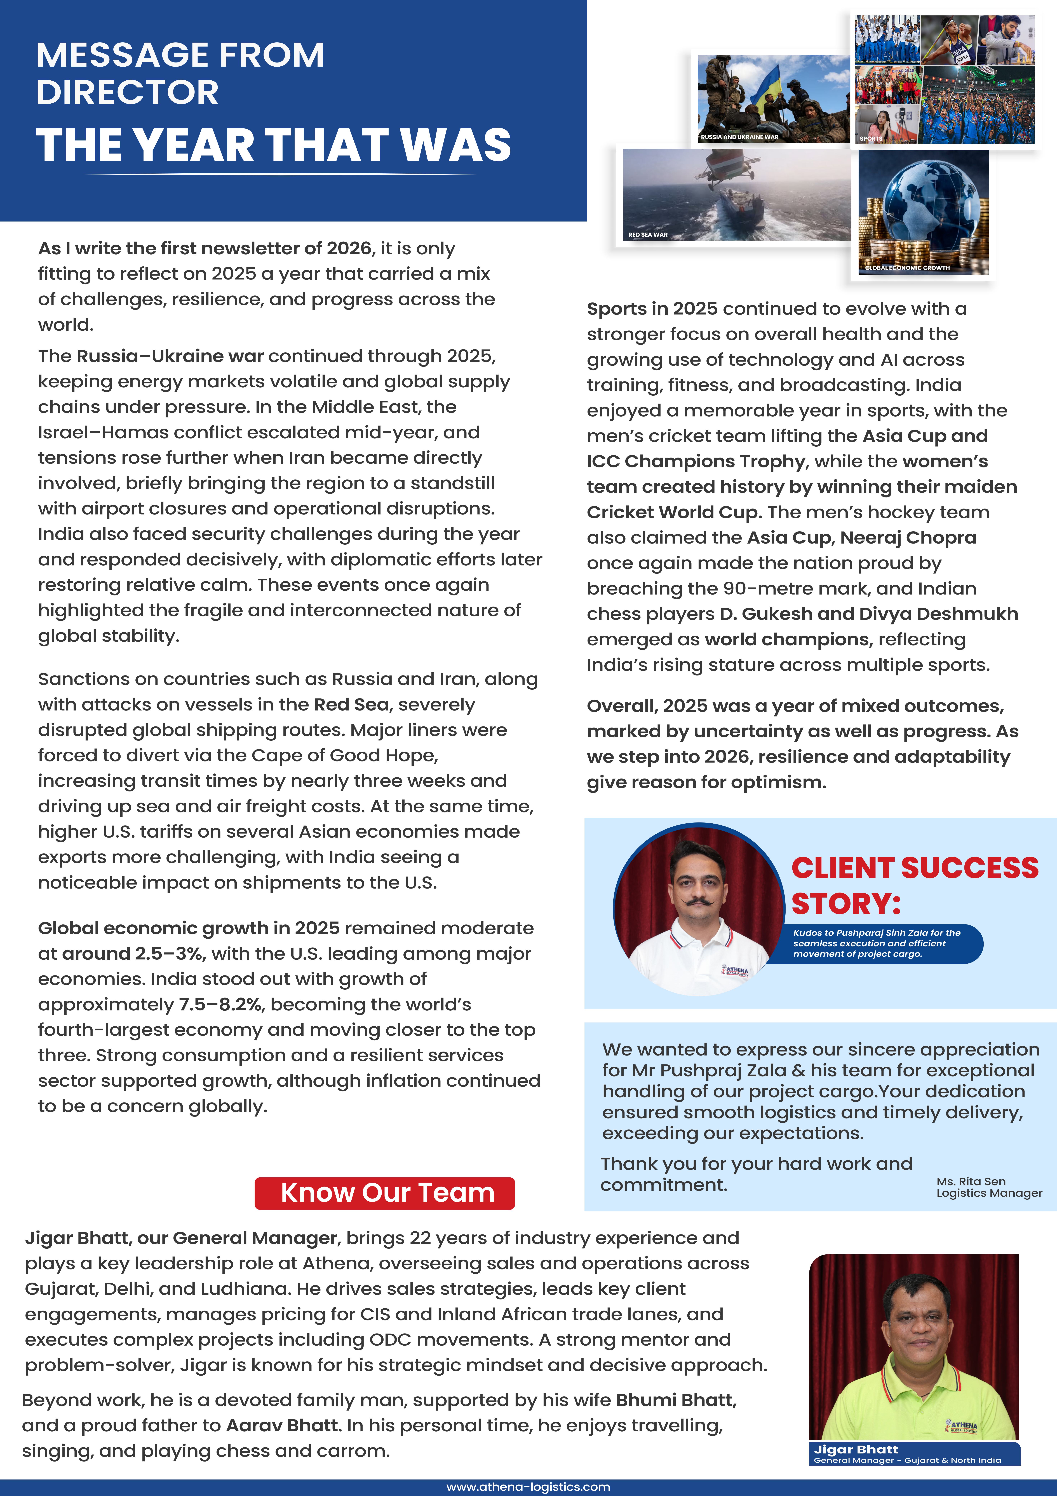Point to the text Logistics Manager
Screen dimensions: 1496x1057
click(x=989, y=1193)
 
